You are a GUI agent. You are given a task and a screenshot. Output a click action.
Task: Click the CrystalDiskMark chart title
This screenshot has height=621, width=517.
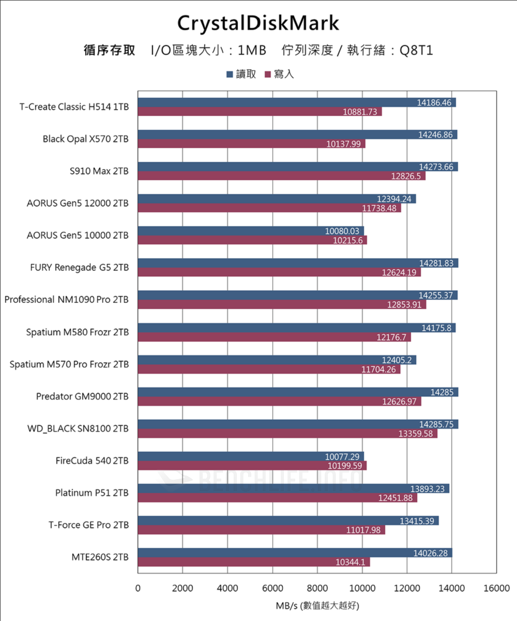(258, 23)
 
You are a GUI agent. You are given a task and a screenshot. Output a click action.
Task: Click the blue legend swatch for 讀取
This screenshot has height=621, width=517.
(229, 75)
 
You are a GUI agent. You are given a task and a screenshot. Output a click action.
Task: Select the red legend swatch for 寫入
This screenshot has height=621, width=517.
(268, 75)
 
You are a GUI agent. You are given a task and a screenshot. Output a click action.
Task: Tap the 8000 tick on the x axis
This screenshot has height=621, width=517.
(317, 588)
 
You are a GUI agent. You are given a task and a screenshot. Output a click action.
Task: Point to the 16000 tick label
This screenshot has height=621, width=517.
(496, 588)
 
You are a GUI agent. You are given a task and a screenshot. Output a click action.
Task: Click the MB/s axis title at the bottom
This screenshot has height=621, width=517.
(317, 605)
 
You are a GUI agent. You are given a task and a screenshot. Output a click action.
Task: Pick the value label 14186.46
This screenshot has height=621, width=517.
(434, 102)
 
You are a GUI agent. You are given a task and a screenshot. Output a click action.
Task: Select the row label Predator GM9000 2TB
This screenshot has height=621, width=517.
(82, 396)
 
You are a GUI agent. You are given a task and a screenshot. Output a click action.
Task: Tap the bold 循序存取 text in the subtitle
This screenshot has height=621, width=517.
(110, 50)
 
